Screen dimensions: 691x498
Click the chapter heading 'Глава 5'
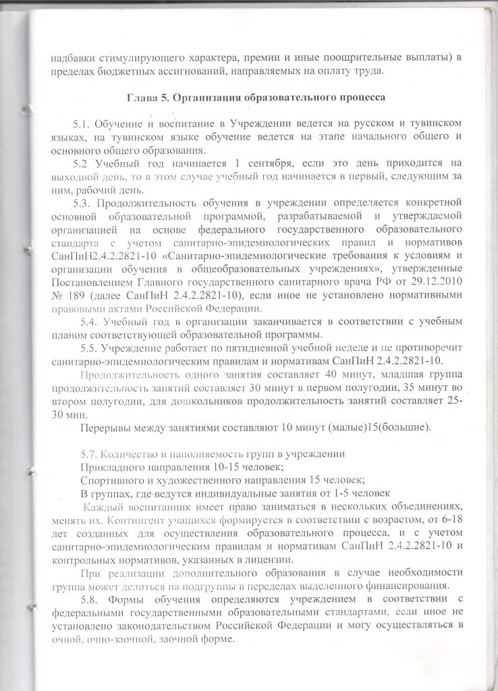pos(147,98)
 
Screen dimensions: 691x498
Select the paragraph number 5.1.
pos(82,126)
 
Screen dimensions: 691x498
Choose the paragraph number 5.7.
pos(89,451)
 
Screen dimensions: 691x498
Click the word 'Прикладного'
pos(111,466)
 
